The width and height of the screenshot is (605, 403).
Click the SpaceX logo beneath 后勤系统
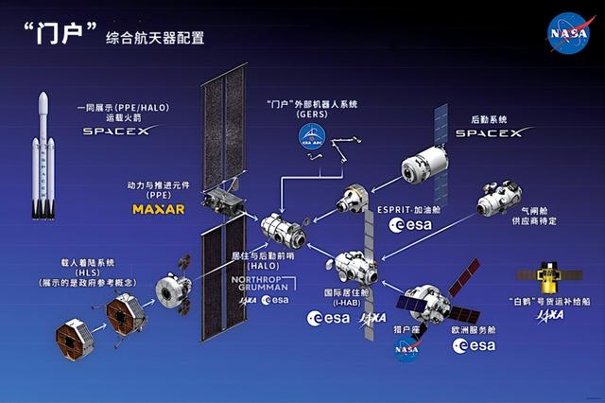pyautogui.click(x=489, y=133)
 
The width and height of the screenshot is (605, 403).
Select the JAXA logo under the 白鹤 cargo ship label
pyautogui.click(x=549, y=315)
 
